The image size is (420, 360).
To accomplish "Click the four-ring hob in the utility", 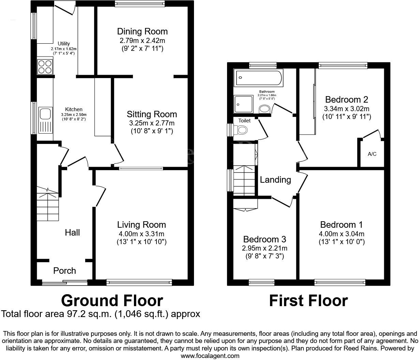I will point(45,66).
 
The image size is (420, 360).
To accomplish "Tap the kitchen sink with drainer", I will point(45,121).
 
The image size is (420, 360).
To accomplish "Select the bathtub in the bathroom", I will point(258,78).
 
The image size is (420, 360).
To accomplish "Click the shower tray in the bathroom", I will point(244,104).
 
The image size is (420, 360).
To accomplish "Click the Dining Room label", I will point(142,32).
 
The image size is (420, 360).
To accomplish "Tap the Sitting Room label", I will point(152,114).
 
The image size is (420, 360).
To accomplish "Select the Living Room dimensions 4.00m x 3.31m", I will point(141,234).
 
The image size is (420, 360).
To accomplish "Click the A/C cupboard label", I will point(372,154).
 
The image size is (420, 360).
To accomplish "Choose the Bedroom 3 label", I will point(264,239).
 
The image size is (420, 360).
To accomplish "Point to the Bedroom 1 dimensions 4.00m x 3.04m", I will point(342,234).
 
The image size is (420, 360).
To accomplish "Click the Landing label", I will point(275,180).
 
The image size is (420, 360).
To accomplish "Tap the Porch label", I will point(64,271).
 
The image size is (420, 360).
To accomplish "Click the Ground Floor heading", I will point(112,301).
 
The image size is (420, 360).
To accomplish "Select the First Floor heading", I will point(308,301).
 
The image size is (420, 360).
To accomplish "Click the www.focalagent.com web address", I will point(210,356).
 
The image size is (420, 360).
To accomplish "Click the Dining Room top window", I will point(140,4).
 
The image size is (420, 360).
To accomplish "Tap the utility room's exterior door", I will point(65,7).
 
